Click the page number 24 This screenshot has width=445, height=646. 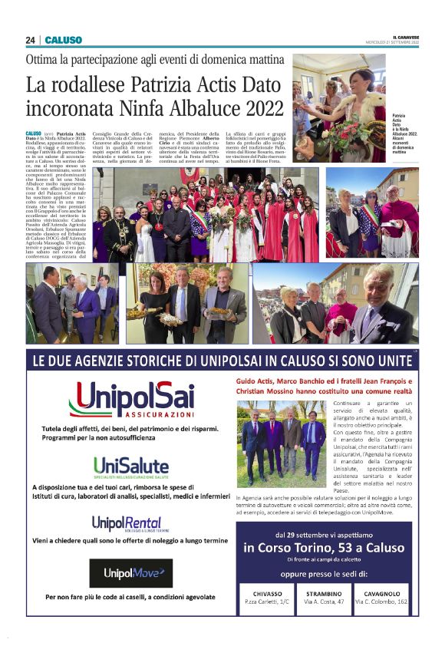pos(30,40)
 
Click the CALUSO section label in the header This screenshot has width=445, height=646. pos(63,40)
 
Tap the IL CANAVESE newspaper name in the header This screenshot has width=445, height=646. pos(404,38)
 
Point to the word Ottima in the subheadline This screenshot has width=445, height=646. pos(42,59)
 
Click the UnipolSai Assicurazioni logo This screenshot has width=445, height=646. pos(131,400)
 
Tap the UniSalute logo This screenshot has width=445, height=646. pos(130,465)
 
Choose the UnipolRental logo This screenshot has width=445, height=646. pos(127,523)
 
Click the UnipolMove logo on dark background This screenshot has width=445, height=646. pos(130,572)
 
